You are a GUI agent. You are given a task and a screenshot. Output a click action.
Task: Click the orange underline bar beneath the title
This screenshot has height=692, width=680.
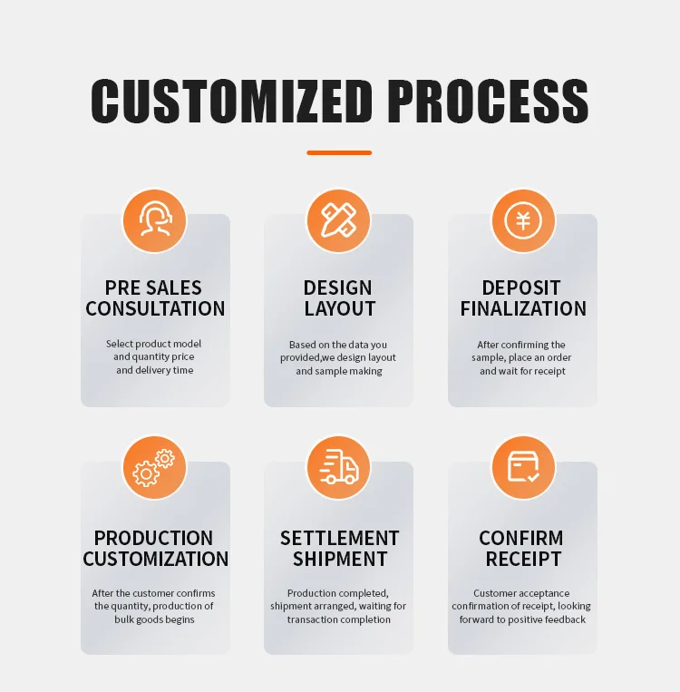click(x=339, y=152)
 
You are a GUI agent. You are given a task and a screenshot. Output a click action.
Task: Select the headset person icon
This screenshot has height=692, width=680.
click(x=155, y=220)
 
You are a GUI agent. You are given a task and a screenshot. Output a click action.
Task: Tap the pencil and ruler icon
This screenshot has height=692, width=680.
click(x=339, y=220)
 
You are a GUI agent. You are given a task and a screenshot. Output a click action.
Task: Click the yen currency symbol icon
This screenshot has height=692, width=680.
click(x=523, y=220)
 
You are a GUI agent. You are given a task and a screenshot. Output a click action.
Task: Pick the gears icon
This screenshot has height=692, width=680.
click(x=155, y=468)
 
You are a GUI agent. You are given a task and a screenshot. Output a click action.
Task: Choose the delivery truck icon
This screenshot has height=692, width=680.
click(x=339, y=468)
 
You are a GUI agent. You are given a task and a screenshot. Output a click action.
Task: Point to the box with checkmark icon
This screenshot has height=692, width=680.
click(x=523, y=468)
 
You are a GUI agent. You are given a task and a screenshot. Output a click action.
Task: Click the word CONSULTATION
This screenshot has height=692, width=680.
click(x=155, y=309)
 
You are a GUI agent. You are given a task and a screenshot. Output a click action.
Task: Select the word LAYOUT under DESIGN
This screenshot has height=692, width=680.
click(x=339, y=309)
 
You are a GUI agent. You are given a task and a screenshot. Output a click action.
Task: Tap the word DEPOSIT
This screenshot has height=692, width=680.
click(x=521, y=288)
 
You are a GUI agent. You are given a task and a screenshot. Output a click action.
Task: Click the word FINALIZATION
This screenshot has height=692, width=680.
click(x=523, y=309)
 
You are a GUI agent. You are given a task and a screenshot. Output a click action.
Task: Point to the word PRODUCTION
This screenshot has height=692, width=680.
click(x=154, y=538)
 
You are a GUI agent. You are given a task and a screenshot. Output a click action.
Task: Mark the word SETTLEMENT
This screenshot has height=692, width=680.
click(x=339, y=538)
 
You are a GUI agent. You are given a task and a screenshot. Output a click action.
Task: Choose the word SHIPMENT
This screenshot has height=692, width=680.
click(x=339, y=560)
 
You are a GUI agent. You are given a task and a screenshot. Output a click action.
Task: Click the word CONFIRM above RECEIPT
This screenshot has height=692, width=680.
click(x=521, y=538)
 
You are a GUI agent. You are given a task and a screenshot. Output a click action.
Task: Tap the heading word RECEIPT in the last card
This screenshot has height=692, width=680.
click(x=523, y=560)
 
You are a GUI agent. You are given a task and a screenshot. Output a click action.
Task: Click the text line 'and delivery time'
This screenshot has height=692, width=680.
click(x=154, y=370)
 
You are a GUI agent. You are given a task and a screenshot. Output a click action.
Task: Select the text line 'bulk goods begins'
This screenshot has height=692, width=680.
click(x=154, y=619)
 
